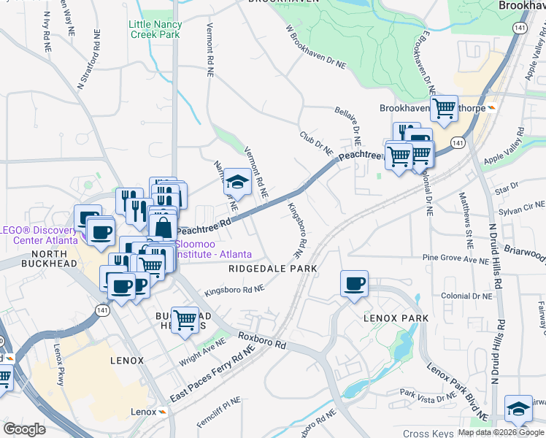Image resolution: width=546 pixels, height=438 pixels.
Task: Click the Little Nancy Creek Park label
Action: coord(155,29)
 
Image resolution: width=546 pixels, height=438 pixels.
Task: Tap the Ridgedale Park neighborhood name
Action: coord(272,269)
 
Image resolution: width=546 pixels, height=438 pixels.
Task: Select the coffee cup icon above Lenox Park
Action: coord(354,284)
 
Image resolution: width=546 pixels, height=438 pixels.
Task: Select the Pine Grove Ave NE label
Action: coord(455,258)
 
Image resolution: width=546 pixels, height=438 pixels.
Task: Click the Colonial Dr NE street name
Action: coord(467,296)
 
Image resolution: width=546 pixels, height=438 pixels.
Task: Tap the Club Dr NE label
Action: coord(316,144)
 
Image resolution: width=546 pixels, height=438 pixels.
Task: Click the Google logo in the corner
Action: coord(25,429)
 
